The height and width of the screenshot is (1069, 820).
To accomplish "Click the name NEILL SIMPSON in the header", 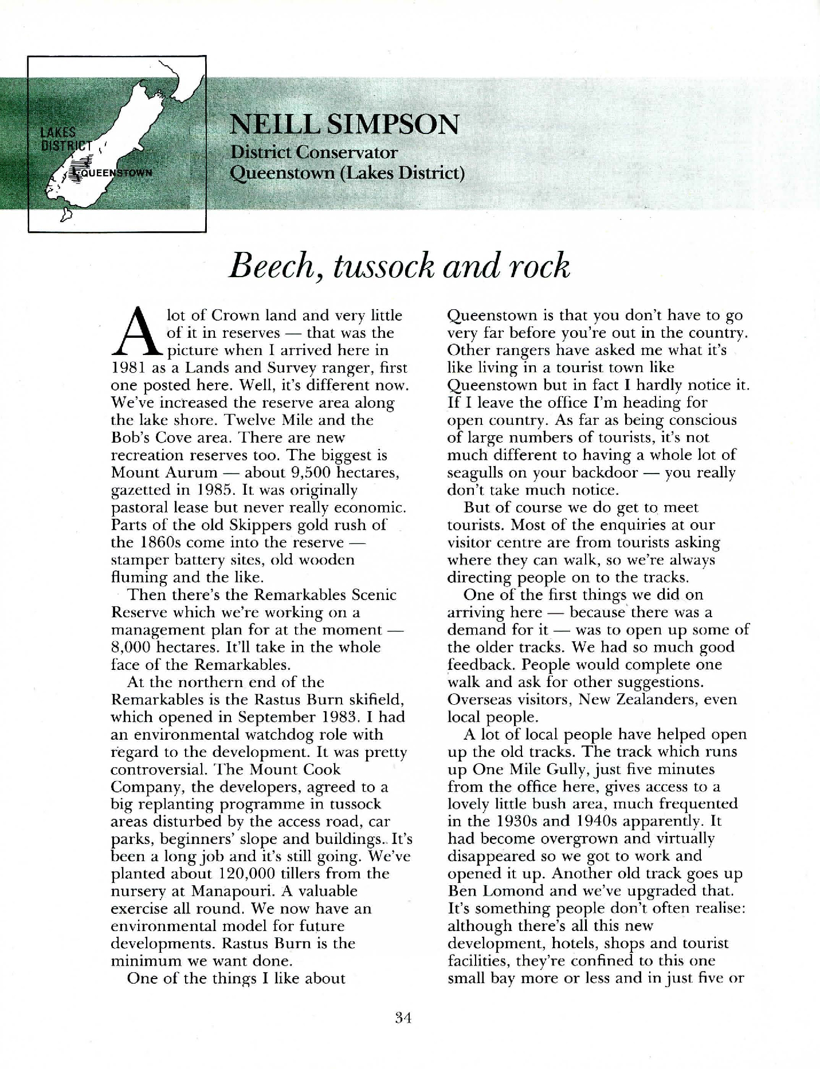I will point(344,124).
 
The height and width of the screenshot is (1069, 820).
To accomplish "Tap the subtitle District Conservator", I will point(313,152).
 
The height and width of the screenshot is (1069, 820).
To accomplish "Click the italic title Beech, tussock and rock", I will point(399,266).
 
